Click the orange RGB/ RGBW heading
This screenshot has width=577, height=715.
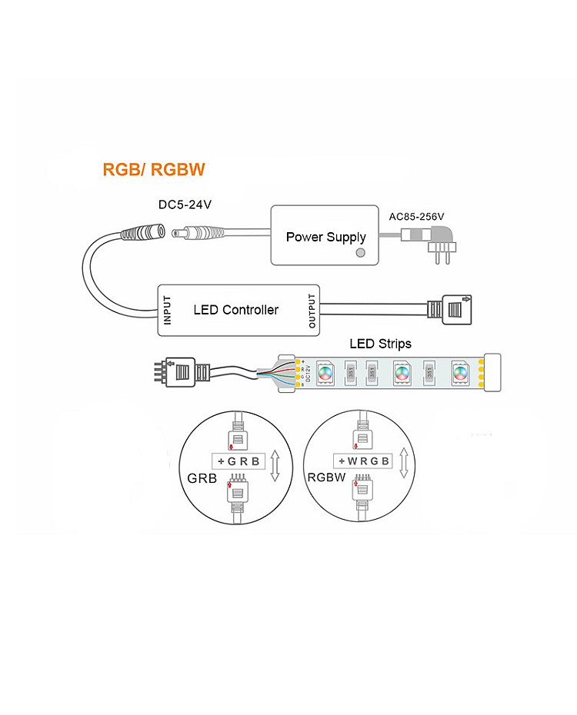click(154, 170)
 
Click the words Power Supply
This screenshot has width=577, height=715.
click(325, 237)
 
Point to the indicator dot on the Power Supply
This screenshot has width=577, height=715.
click(359, 253)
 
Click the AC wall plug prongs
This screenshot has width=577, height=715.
click(441, 256)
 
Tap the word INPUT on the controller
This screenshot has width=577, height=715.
click(167, 310)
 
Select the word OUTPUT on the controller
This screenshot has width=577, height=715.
click(312, 310)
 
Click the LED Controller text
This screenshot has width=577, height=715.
click(235, 310)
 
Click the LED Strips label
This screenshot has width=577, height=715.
click(380, 344)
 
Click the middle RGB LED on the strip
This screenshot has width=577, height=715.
click(400, 373)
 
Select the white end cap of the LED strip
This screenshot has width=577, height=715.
click(490, 373)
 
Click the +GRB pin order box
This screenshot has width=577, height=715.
click(238, 461)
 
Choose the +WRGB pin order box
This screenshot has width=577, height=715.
click(363, 461)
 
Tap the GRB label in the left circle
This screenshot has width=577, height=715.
click(199, 478)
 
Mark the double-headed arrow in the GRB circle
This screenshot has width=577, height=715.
click(275, 466)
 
